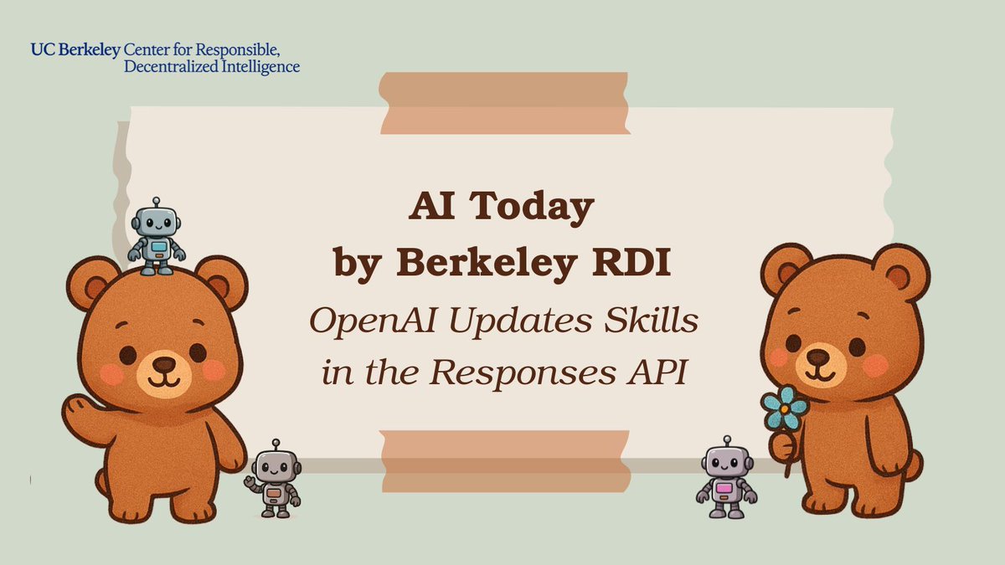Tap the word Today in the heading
click(537, 208)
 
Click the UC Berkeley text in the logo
click(75, 49)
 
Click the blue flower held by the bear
click(785, 408)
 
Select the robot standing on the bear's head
click(156, 237)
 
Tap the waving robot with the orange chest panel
click(275, 483)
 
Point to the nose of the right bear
click(818, 357)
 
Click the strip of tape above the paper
click(505, 103)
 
